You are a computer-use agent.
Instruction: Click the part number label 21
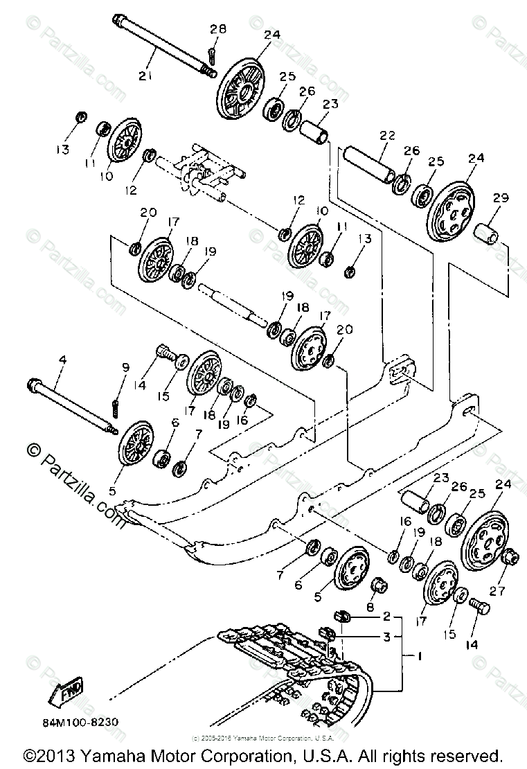tap(144, 76)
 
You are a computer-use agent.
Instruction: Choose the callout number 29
tap(501, 199)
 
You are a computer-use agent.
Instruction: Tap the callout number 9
tap(125, 368)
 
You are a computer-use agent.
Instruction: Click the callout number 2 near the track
tap(387, 615)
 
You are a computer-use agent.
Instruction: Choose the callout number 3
tap(387, 635)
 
